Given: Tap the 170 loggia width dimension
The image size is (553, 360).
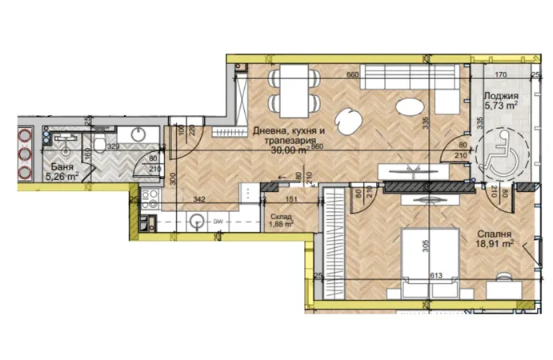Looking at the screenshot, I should pyautogui.click(x=501, y=76).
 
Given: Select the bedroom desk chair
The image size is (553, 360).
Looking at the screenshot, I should pyautogui.click(x=504, y=278).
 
